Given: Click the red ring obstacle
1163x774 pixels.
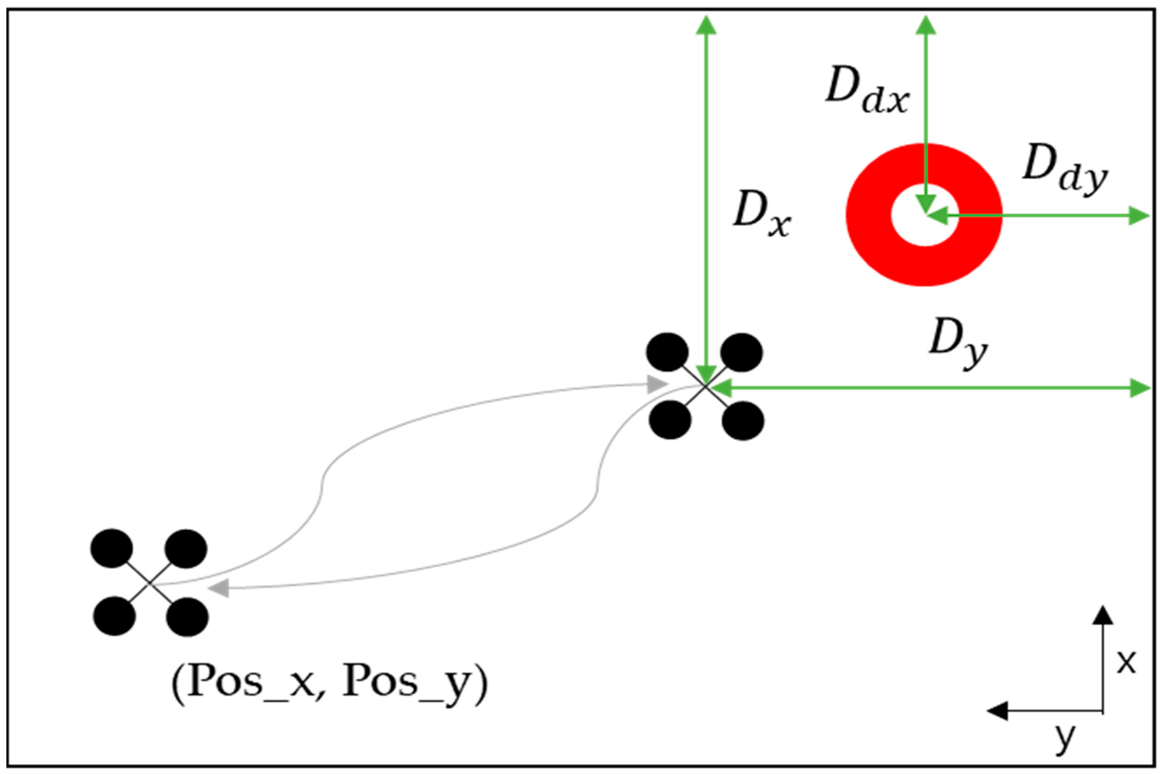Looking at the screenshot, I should [869, 247].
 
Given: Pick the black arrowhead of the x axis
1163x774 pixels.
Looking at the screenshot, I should [1103, 615].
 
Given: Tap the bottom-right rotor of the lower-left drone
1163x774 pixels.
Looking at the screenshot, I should [188, 617].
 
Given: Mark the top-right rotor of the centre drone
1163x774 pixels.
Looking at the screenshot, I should [742, 352].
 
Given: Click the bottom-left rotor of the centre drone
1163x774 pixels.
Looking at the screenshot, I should [670, 420].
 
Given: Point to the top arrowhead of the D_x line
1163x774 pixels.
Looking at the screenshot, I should [706, 25].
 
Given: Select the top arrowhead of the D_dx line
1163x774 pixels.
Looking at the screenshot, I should [926, 25].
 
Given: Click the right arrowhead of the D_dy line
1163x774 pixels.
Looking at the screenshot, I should [1139, 216].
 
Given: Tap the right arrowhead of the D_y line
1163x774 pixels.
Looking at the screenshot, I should [1140, 388].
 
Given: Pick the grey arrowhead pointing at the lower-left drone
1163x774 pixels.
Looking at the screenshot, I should [219, 587].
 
